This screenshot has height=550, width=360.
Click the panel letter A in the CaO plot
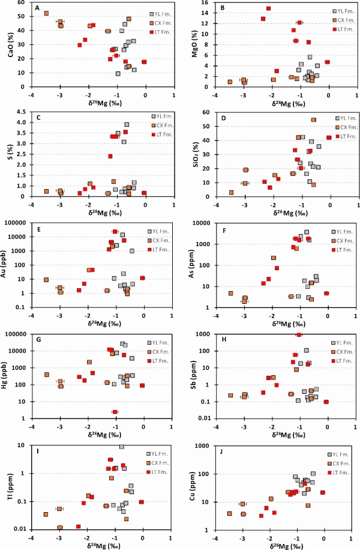37,8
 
